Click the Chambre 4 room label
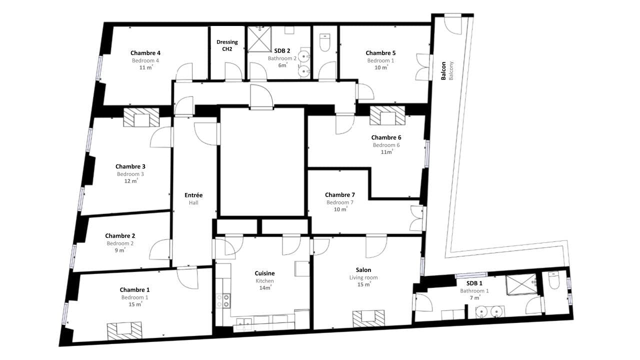pyautogui.click(x=145, y=53)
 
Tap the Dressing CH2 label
pyautogui.click(x=227, y=45)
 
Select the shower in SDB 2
pyautogui.click(x=259, y=39)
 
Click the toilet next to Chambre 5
pyautogui.click(x=324, y=42)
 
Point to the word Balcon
pyautogui.click(x=443, y=70)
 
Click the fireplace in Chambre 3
pyautogui.click(x=141, y=117)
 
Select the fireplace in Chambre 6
pyautogui.click(x=387, y=115)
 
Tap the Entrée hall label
pyautogui.click(x=193, y=195)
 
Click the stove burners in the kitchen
pyautogui.click(x=223, y=301)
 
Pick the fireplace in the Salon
pyautogui.click(x=368, y=318)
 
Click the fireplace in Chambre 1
pyautogui.click(x=124, y=330)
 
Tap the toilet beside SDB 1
pyautogui.click(x=554, y=280)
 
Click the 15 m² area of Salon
pyautogui.click(x=364, y=284)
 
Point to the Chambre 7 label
pyautogui.click(x=339, y=195)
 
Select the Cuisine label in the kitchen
pyautogui.click(x=264, y=273)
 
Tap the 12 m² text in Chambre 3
pyautogui.click(x=131, y=181)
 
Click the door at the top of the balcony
pyautogui.click(x=453, y=24)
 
